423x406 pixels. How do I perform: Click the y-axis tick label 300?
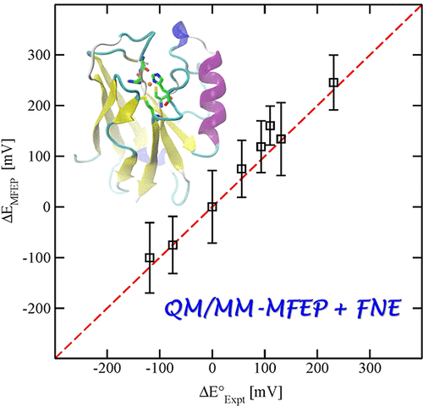(36, 55)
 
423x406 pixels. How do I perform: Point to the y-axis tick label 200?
(36, 106)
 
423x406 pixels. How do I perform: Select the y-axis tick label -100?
(33, 257)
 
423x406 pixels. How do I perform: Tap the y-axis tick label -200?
(33, 308)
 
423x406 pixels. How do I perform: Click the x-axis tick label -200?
(106, 370)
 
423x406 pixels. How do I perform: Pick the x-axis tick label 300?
(316, 370)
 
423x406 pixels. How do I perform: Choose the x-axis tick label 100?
(264, 370)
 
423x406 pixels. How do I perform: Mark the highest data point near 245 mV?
(333, 82)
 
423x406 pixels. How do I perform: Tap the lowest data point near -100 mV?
(150, 257)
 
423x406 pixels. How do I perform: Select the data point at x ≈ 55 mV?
(241, 168)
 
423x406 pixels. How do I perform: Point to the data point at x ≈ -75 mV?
(173, 244)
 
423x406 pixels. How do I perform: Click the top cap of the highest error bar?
(333, 55)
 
